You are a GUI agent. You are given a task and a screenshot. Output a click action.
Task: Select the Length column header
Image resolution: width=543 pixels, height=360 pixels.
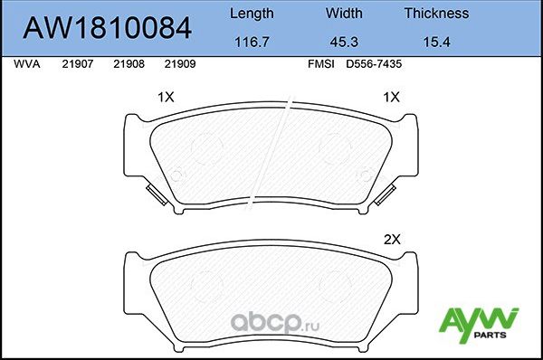pos(251,14)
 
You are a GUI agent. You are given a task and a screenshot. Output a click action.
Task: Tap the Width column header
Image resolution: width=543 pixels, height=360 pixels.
pos(344,14)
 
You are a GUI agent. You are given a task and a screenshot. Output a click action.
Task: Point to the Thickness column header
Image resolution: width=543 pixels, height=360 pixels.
pos(436,14)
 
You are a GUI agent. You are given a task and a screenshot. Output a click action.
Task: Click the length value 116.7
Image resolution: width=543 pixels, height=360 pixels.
pos(251,42)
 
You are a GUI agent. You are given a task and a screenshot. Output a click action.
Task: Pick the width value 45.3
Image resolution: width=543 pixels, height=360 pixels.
pos(344,42)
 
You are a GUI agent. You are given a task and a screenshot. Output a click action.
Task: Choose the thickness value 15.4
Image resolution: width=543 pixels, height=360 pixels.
pos(436,42)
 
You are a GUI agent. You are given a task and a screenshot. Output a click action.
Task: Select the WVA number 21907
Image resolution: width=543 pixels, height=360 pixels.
pos(77,65)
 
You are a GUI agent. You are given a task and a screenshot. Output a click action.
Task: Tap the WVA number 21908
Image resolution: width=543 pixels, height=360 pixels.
pos(129,65)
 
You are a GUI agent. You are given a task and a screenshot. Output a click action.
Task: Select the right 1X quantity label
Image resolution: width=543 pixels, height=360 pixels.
pos(392,97)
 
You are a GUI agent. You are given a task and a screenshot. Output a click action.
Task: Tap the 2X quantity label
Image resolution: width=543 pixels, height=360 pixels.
pos(392,240)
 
